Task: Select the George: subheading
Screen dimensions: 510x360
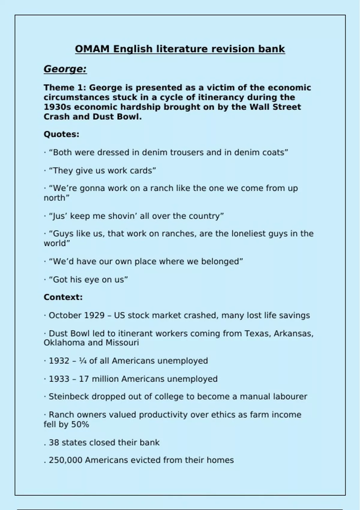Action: tap(65, 69)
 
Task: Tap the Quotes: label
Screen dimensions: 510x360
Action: tap(61, 134)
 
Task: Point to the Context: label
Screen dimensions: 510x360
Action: tap(63, 297)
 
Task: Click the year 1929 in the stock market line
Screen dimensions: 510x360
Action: tap(94, 316)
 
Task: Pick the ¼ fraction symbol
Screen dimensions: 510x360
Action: tap(83, 361)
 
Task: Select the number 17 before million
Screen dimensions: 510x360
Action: tap(84, 379)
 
